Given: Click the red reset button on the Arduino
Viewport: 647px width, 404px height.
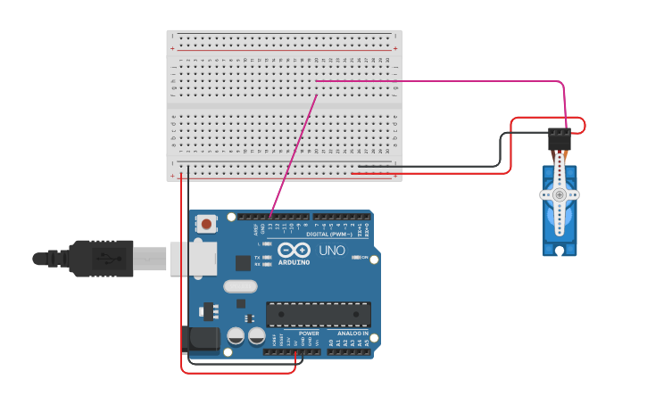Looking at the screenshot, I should tap(207, 224).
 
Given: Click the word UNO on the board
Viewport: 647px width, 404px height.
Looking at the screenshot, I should tap(333, 251).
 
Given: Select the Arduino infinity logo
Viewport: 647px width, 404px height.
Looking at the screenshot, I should tap(294, 250).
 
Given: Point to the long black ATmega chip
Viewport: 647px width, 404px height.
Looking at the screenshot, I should tap(319, 314).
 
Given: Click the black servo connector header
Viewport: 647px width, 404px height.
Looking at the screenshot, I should tap(560, 138).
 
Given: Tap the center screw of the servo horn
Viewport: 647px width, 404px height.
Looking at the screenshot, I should tap(560, 194).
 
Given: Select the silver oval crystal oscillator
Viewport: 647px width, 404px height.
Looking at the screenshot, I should tap(240, 286).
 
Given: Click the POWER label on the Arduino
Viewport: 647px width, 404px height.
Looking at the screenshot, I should tap(309, 334).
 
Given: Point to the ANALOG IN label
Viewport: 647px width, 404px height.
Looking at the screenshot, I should tap(353, 334).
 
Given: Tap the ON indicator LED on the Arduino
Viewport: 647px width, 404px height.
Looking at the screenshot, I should tap(355, 258).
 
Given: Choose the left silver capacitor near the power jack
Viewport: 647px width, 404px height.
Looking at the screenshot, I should tap(236, 336).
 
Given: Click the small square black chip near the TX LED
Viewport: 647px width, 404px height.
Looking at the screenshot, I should tap(243, 263).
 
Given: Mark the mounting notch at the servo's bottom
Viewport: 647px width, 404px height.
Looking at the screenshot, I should tap(560, 251).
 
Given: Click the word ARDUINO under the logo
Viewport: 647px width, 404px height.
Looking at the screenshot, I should tap(294, 262).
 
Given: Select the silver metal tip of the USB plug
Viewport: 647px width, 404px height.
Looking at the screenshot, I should tap(151, 259).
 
